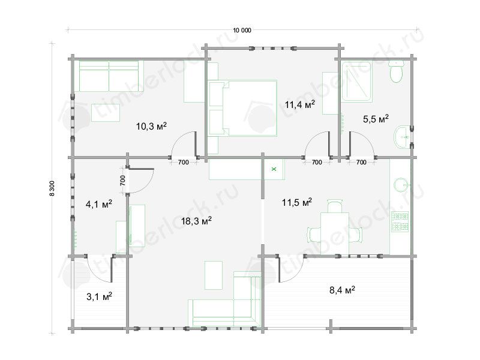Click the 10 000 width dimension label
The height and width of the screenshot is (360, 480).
tap(242, 31)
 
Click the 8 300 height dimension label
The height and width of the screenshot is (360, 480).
tap(52, 188)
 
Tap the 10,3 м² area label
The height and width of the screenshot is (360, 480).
tap(151, 126)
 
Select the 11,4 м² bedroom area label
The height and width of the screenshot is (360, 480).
tap(299, 104)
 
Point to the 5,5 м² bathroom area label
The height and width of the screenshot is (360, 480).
tap(376, 118)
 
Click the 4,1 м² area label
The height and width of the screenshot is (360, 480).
tap(99, 204)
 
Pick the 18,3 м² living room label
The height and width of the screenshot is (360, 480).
tap(196, 220)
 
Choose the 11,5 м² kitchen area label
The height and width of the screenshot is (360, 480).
tap(296, 202)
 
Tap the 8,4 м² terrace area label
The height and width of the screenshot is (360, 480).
tap(342, 290)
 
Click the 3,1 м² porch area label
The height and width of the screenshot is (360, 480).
tap(99, 296)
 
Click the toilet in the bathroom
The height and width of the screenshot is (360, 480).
tap(396, 71)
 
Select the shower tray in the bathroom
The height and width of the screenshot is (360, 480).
tap(357, 82)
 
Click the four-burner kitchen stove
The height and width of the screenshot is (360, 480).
tap(400, 222)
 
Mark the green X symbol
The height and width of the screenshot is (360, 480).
tap(274, 169)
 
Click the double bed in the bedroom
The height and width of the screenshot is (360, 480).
tap(243, 108)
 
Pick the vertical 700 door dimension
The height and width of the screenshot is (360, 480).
tap(122, 181)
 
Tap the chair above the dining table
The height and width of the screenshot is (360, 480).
tap(335, 206)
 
